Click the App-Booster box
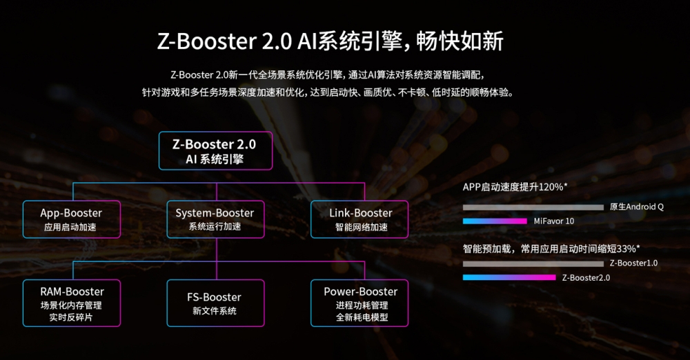pos(72,219)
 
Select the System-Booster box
pos(215,219)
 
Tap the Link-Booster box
pos(359,219)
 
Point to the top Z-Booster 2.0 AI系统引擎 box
pos(215,151)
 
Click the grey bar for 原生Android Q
pos(533,207)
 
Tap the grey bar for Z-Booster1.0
pos(533,263)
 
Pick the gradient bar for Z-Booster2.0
pos(509,277)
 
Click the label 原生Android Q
pos(636,207)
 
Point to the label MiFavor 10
pos(553,221)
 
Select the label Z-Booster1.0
pos(633,263)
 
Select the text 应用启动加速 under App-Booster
pos(72,227)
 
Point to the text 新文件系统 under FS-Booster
pos(215,311)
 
